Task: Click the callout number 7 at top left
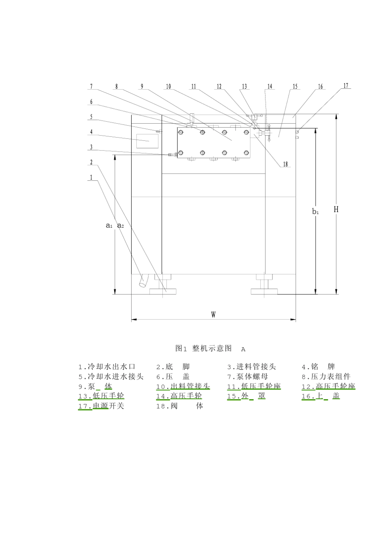click(91, 86)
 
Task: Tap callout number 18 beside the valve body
click(285, 164)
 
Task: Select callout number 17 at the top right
click(346, 86)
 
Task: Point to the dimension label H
click(336, 209)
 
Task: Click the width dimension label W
click(213, 315)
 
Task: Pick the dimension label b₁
click(315, 211)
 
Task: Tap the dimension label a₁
click(109, 226)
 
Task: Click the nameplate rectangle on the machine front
click(147, 141)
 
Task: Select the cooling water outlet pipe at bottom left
click(143, 281)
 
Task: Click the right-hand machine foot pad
click(264, 291)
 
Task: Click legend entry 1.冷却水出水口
click(107, 367)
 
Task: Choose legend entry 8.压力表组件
click(326, 376)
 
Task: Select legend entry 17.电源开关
click(101, 406)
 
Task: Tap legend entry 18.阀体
click(180, 406)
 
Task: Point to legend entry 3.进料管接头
click(252, 367)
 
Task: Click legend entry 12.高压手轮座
click(328, 386)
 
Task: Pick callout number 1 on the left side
click(91, 177)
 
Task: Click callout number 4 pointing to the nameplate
click(91, 132)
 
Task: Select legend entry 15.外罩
click(246, 396)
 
